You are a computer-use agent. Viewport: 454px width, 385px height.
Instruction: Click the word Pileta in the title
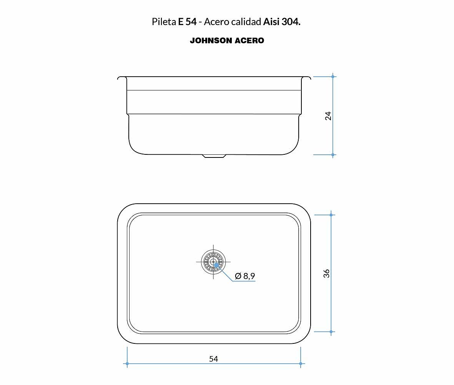(x=164, y=22)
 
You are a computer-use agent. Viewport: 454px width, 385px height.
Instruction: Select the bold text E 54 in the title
(x=187, y=22)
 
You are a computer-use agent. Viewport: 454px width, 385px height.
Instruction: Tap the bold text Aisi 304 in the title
(x=282, y=22)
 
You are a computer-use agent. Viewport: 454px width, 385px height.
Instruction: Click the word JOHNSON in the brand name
(x=211, y=40)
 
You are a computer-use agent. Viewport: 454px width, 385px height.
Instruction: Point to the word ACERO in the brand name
(x=249, y=40)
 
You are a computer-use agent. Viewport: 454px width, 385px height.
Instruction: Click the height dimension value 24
(x=328, y=115)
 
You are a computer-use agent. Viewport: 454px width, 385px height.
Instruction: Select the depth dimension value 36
(x=326, y=273)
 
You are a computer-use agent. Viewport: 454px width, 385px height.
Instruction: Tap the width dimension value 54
(x=214, y=359)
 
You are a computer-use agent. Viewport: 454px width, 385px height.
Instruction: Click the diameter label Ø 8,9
(x=245, y=276)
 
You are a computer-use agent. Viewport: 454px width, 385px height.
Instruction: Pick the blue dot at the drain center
(x=216, y=265)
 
